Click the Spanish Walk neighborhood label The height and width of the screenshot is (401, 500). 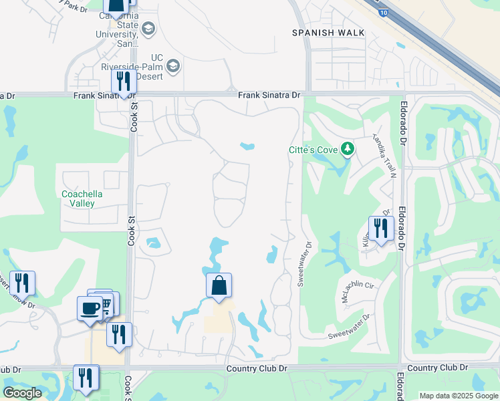click(329, 32)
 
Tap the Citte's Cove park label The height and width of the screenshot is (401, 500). click(312, 149)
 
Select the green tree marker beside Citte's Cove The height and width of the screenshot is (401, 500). click(347, 148)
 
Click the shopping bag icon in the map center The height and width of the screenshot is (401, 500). click(219, 286)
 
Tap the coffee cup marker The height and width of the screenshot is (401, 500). click(90, 308)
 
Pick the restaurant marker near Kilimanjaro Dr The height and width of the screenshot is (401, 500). click(380, 228)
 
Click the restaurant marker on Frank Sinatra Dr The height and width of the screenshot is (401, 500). click(124, 82)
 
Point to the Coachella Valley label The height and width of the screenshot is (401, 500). click(82, 198)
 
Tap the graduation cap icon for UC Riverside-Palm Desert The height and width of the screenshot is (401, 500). click(174, 65)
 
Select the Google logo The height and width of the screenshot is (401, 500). click(22, 393)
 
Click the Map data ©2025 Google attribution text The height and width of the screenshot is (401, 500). click(459, 396)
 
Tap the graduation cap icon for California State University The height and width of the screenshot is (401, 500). click(148, 29)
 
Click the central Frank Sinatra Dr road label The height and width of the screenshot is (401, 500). click(269, 96)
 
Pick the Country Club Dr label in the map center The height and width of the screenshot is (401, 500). click(256, 368)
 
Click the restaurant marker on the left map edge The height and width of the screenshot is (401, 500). click(23, 283)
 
